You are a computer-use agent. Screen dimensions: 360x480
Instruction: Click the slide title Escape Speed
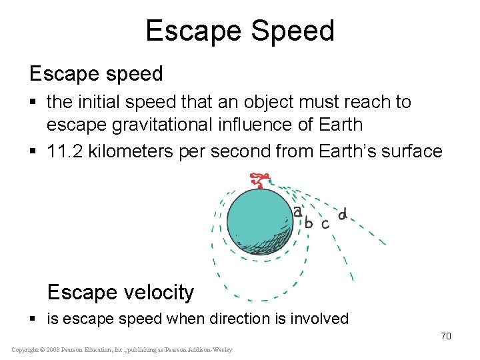click(240, 31)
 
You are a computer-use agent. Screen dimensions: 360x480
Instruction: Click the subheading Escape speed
click(96, 73)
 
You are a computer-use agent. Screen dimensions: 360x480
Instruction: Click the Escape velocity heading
click(121, 292)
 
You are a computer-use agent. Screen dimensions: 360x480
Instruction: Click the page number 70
click(445, 336)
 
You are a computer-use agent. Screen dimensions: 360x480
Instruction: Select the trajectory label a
click(297, 211)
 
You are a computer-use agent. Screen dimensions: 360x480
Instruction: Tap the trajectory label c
click(325, 224)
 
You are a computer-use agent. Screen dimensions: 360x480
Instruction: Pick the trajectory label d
click(342, 215)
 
